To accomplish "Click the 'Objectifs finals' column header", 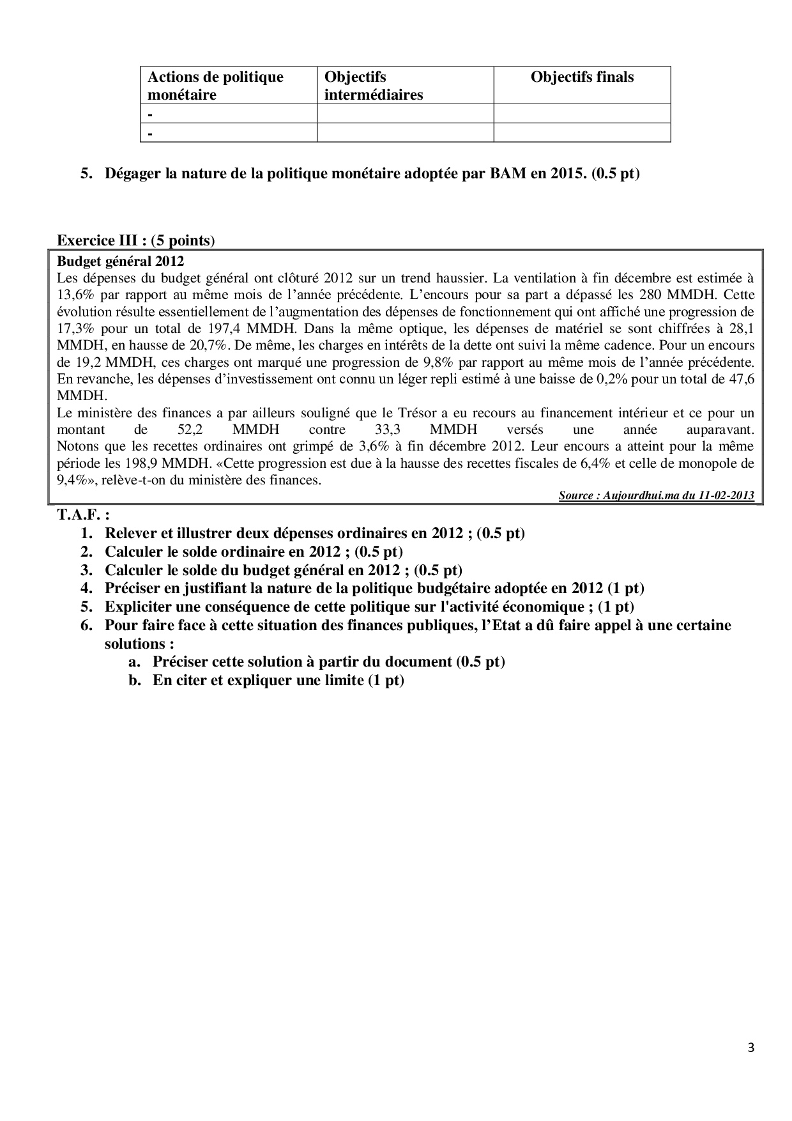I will [582, 77].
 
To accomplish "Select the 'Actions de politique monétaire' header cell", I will [215, 86].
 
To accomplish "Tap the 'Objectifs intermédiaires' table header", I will [374, 86].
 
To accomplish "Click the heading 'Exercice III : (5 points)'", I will [136, 240].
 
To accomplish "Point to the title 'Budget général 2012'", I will [120, 261].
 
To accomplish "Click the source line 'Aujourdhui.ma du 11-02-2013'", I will [657, 495].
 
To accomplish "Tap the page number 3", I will [750, 1048].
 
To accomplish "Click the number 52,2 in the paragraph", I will [190, 429].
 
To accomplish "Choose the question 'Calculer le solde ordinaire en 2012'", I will [254, 552].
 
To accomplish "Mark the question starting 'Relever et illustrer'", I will [314, 533].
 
